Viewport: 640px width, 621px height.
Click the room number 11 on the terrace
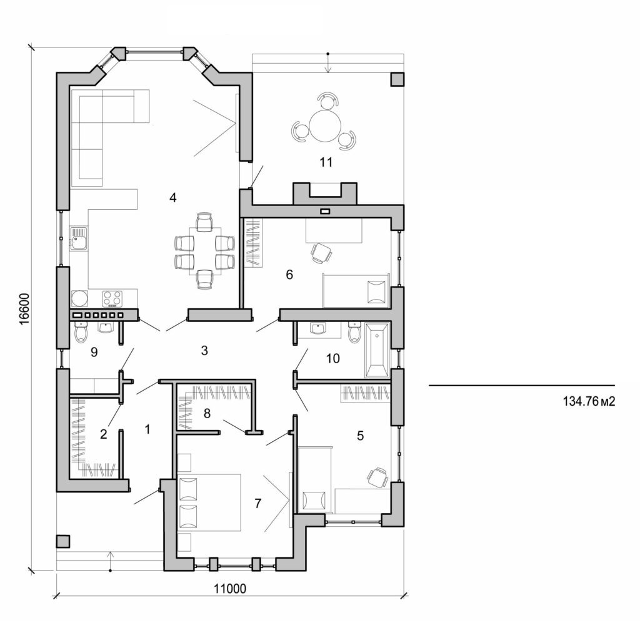click(x=325, y=163)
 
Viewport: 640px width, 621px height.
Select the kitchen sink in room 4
click(x=79, y=239)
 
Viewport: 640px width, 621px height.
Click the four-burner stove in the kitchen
click(x=112, y=298)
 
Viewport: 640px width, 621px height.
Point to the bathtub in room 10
click(x=376, y=350)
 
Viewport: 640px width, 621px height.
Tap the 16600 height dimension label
click(x=22, y=308)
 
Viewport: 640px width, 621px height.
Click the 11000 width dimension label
click(x=229, y=588)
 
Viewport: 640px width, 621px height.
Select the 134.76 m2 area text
click(x=589, y=401)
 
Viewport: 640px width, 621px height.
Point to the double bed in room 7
click(x=210, y=502)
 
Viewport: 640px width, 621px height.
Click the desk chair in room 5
click(x=377, y=477)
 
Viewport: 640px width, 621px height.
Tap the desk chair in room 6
click(x=321, y=252)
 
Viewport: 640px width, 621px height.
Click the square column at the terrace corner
click(x=397, y=79)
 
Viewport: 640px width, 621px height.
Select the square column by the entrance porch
click(x=63, y=541)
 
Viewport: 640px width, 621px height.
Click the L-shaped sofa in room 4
click(x=100, y=131)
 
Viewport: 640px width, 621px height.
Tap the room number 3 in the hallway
click(x=204, y=351)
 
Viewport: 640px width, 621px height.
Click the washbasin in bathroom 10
click(x=319, y=329)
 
